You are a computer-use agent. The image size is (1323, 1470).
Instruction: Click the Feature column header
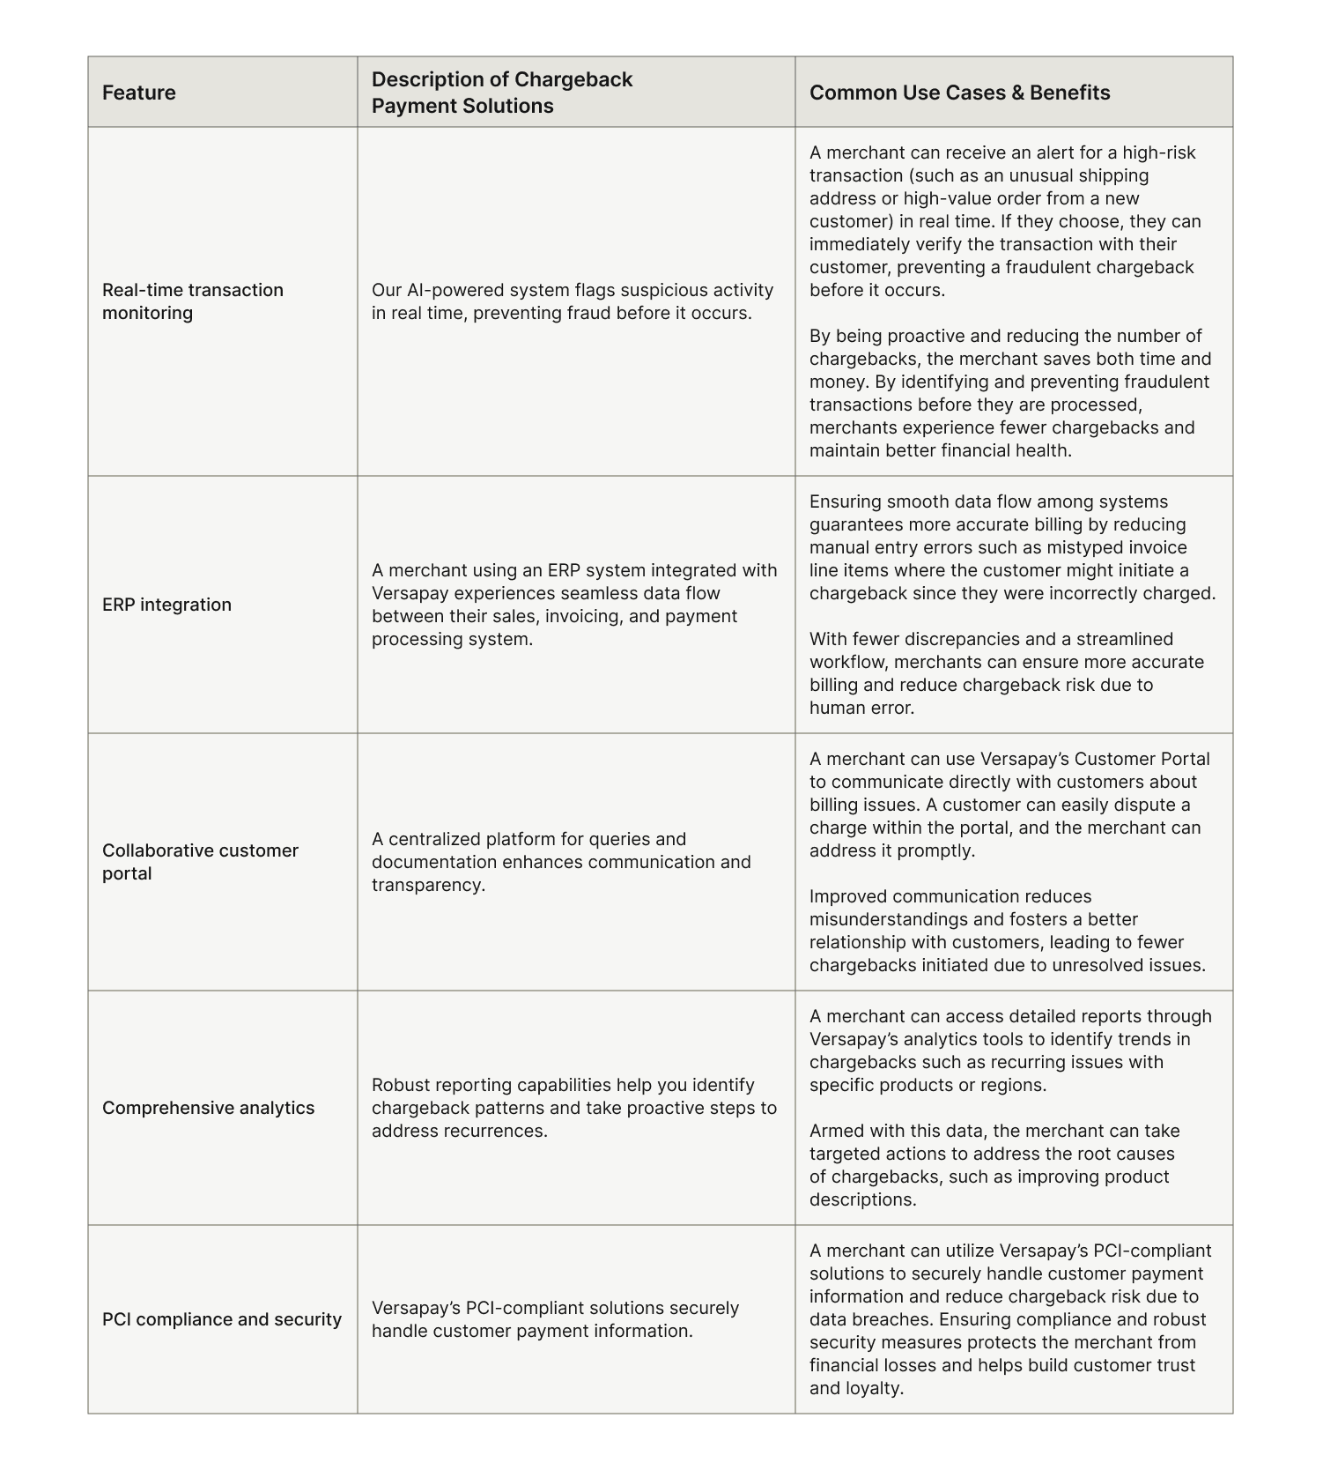(x=139, y=93)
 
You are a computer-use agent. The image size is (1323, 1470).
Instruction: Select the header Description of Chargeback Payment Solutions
(x=502, y=93)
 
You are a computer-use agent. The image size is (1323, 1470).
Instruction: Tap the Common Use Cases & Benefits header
(x=959, y=93)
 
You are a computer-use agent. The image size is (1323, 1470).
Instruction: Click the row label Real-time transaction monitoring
(x=193, y=301)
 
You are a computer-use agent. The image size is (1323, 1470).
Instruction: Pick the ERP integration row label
(x=166, y=605)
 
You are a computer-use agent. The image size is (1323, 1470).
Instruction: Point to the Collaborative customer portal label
(x=200, y=862)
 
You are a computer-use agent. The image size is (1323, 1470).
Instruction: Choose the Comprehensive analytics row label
(x=208, y=1108)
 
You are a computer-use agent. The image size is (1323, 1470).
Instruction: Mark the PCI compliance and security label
(x=222, y=1319)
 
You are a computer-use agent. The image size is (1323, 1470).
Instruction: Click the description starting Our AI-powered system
(x=573, y=301)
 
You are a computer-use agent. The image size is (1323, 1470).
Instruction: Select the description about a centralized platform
(x=561, y=862)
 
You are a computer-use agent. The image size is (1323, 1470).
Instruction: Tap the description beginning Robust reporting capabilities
(x=574, y=1108)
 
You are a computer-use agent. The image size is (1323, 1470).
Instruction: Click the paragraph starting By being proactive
(x=1010, y=393)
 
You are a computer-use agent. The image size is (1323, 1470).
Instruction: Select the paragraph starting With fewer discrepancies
(x=1006, y=673)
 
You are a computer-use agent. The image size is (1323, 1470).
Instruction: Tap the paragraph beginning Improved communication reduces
(x=1007, y=931)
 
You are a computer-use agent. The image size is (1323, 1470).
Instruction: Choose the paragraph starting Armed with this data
(x=994, y=1165)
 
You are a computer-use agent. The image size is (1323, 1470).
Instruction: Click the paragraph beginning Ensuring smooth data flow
(x=1012, y=547)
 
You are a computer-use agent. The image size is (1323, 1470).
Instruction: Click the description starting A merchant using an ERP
(x=574, y=605)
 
